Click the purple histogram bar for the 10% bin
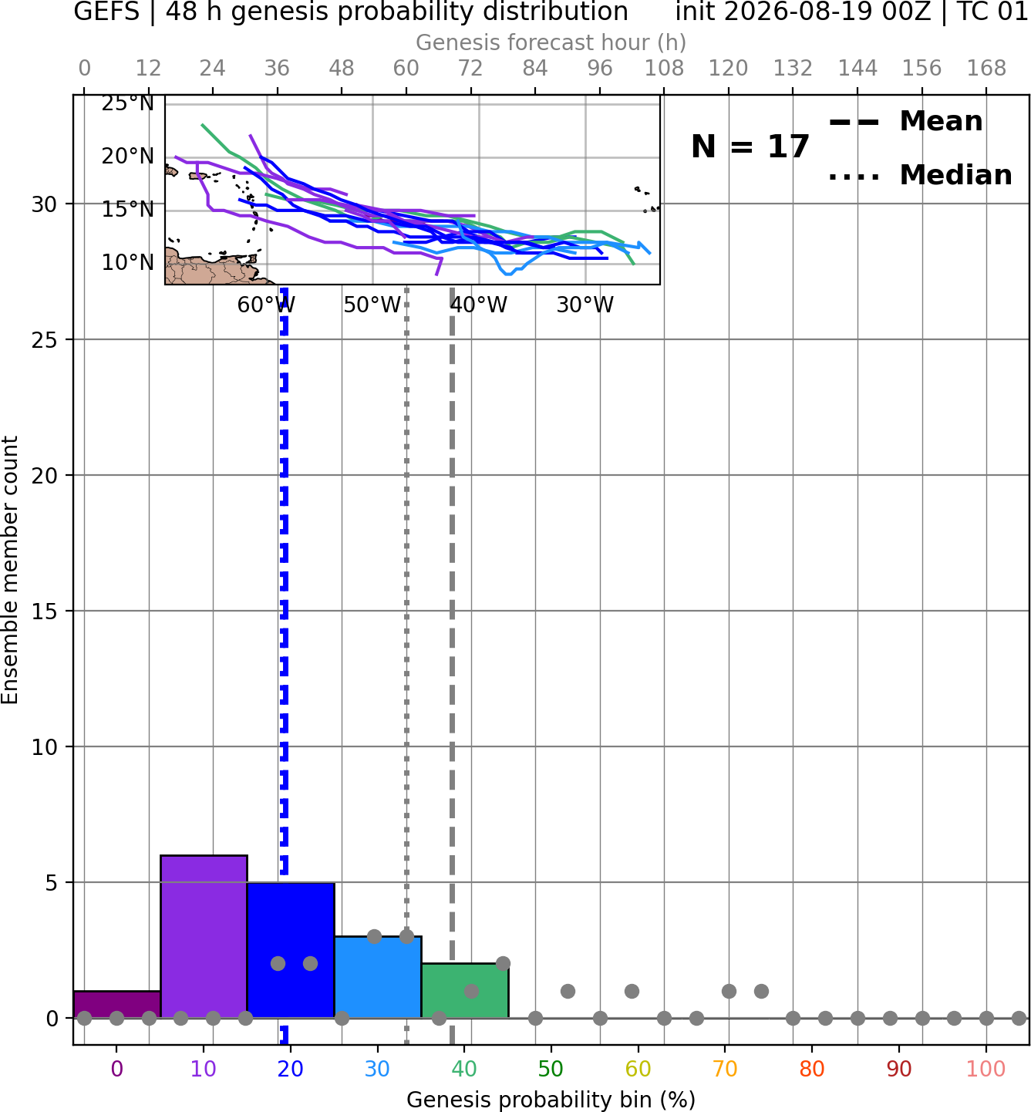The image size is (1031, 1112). (204, 936)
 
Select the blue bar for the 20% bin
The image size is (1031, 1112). (291, 950)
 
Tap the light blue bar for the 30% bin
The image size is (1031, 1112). (378, 976)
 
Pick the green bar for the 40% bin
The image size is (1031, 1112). (465, 990)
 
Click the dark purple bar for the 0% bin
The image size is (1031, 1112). (117, 1004)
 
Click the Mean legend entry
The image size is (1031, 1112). (905, 122)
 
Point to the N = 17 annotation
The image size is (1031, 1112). (750, 147)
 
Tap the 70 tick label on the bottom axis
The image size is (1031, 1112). (725, 1069)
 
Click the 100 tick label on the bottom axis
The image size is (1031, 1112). (986, 1069)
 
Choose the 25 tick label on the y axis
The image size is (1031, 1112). (44, 340)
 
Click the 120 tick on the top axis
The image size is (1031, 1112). (728, 69)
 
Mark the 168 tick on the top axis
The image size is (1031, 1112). (986, 69)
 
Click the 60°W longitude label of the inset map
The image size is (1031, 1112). (266, 305)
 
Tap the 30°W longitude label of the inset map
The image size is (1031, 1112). (585, 305)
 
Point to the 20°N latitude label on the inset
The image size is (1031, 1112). (128, 157)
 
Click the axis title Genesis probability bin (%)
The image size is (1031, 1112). (551, 1100)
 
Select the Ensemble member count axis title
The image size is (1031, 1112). (9, 571)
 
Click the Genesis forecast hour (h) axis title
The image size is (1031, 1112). (551, 42)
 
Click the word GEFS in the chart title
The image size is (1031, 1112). (106, 12)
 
